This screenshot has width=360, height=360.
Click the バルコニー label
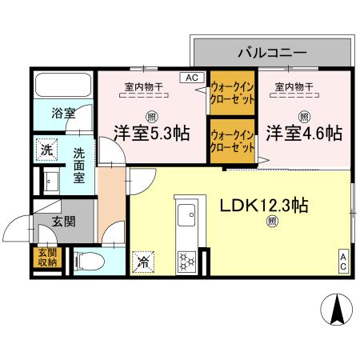pos(272,53)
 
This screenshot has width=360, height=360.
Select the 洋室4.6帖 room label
pos(305,133)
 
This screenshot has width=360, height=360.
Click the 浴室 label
pos(64,114)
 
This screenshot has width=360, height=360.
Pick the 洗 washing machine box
pos(47,150)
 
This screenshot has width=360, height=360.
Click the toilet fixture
pos(88,260)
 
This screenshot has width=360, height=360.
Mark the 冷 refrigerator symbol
pos(142,261)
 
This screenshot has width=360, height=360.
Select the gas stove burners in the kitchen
pos(186,259)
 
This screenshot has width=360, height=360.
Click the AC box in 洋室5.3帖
pos(192,78)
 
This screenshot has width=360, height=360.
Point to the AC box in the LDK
pos(342,260)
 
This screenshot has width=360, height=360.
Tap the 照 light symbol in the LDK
pos(272,221)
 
